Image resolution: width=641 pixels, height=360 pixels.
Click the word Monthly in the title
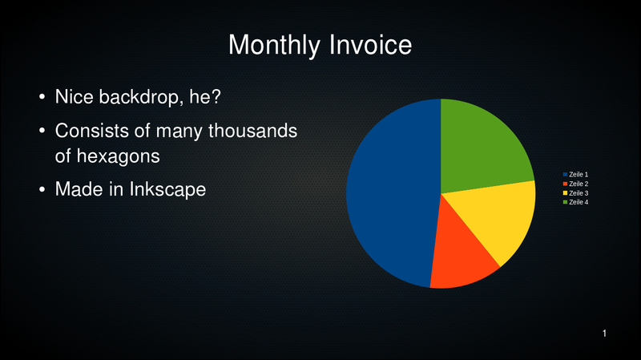coord(274,46)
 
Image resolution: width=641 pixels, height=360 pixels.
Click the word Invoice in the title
coord(370,44)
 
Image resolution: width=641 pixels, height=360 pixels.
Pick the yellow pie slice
coord(503,216)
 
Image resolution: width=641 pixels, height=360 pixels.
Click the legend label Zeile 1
coord(579,175)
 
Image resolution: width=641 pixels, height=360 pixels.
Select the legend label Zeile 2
coord(579,184)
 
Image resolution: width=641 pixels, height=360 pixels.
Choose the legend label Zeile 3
coord(579,193)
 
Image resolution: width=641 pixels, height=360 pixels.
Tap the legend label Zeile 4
coord(579,202)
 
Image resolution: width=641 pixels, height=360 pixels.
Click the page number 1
coord(604,334)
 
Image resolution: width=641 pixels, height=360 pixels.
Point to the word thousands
coord(252,131)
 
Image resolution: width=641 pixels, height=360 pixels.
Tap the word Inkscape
coord(167,190)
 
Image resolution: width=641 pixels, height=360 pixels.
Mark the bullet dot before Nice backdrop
coord(42,97)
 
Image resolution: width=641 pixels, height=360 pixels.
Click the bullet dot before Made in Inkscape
coord(42,190)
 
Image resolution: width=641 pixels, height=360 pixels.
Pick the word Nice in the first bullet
coord(74,97)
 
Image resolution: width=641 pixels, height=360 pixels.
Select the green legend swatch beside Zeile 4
coord(565,202)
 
